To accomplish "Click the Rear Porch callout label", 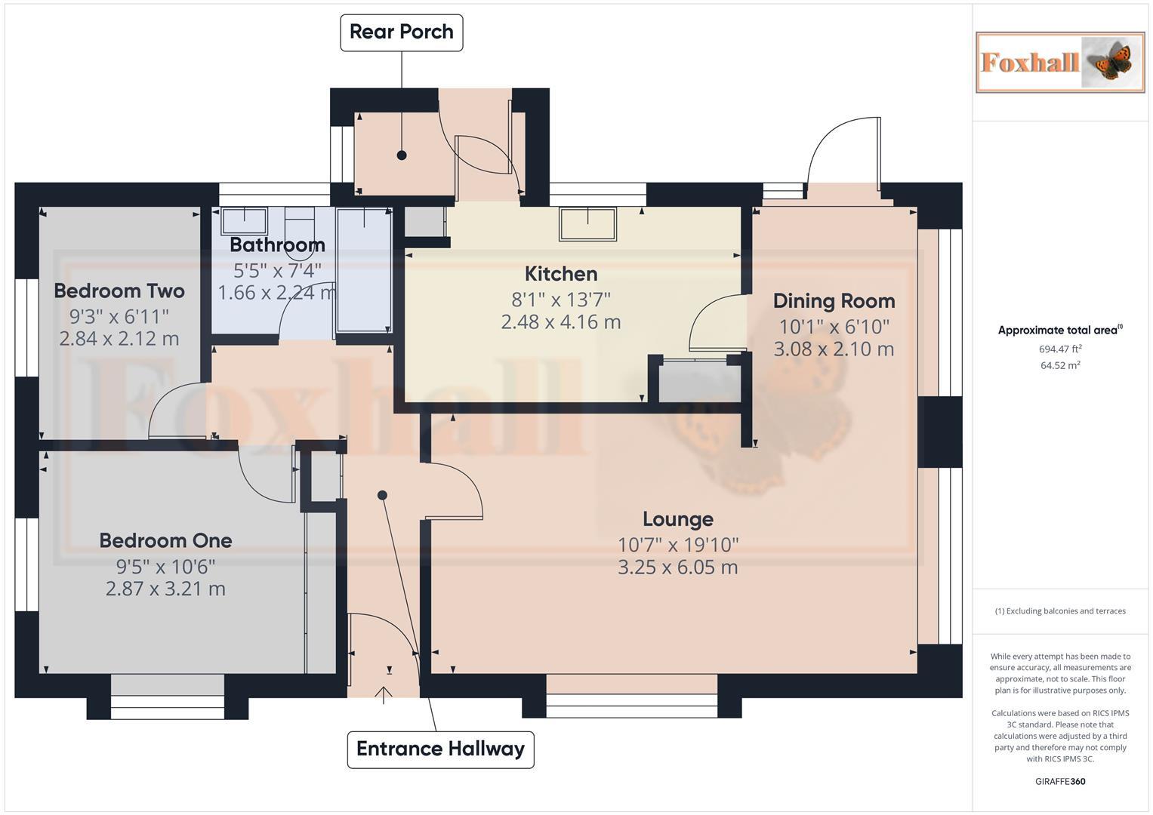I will [401, 32].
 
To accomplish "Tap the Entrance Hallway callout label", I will [440, 749].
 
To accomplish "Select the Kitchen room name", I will [560, 273].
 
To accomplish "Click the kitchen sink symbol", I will [587, 224].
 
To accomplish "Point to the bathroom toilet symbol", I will [300, 221].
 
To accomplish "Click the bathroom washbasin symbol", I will [244, 221].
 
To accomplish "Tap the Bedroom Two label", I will [119, 291].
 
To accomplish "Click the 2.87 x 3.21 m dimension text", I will [165, 589].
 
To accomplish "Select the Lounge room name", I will [677, 519].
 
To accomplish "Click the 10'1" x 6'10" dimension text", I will [834, 326].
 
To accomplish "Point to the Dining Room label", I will [834, 301].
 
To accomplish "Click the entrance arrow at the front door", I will [383, 694].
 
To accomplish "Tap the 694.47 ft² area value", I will [1059, 349].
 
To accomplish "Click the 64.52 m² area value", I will [1059, 365].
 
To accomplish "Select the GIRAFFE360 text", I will [1059, 781].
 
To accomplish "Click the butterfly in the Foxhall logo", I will [1111, 63].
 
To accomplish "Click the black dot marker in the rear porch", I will [402, 155].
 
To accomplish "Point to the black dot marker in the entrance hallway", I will [382, 495].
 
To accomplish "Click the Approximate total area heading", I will [1059, 330].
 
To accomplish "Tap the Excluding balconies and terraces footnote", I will [1059, 611].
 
